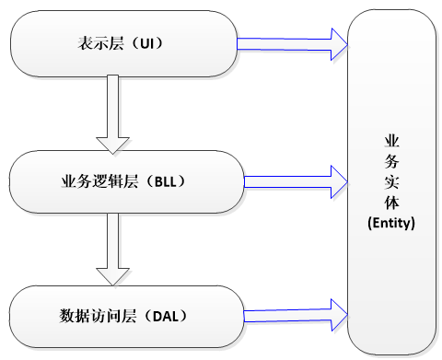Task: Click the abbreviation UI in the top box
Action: click(151, 43)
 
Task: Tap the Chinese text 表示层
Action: click(100, 43)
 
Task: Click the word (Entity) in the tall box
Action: click(390, 223)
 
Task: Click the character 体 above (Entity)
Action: click(390, 202)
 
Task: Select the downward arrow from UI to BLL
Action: click(115, 110)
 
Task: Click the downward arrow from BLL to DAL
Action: click(115, 246)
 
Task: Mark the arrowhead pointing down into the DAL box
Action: click(115, 275)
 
